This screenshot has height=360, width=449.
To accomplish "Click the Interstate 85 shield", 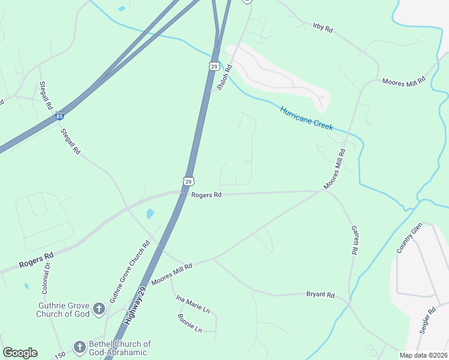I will tap(59, 115).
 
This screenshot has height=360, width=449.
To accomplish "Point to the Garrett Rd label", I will tap(354, 241).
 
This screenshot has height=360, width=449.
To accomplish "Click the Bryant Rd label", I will tap(320, 295).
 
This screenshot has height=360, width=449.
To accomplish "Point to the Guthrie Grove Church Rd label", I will tap(129, 272).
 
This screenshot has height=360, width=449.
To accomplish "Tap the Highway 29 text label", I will tap(136, 305).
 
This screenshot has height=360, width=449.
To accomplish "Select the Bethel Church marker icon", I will tap(79, 347).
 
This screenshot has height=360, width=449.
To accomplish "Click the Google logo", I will tap(20, 353).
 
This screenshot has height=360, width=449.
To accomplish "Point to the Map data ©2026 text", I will tap(424, 355).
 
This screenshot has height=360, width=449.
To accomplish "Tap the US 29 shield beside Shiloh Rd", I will tap(214, 66).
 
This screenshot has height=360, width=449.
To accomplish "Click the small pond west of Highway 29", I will tap(150, 214).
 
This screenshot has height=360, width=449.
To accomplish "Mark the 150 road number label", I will tap(59, 356).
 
